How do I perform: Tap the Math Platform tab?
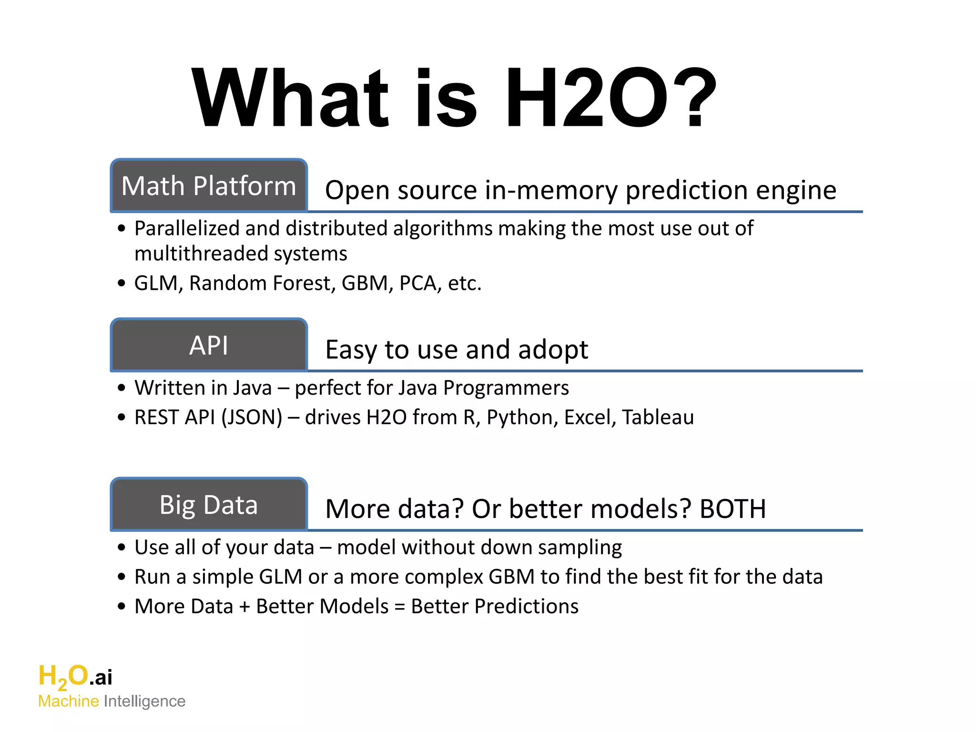point(209,186)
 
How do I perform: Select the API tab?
point(209,346)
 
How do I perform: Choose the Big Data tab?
point(209,505)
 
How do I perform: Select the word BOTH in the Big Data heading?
point(732,509)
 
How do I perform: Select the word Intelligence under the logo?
point(144,701)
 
